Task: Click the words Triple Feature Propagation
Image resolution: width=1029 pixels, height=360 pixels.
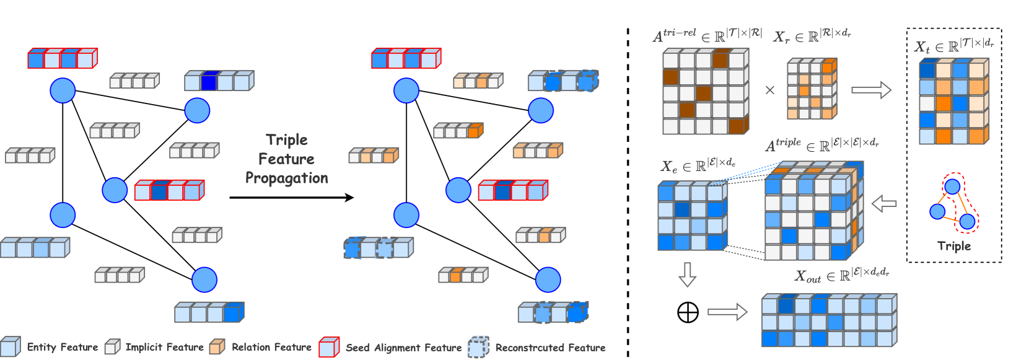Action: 287,159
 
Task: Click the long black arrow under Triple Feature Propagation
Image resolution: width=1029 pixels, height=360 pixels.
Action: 292,198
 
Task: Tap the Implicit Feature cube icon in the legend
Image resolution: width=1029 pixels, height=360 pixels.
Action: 112,347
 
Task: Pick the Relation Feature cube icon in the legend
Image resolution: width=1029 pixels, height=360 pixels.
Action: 217,347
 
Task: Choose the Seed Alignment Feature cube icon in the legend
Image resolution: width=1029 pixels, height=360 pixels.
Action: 330,347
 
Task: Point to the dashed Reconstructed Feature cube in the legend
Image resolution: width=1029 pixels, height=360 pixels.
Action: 478,347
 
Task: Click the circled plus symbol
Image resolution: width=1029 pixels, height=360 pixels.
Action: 688,312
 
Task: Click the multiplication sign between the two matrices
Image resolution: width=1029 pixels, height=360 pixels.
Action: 770,90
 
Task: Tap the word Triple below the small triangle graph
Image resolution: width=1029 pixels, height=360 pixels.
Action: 954,246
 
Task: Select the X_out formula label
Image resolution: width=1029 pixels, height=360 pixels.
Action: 841,274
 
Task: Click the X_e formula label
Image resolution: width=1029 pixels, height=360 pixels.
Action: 698,165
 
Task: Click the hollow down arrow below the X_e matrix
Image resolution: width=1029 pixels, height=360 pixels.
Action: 687,274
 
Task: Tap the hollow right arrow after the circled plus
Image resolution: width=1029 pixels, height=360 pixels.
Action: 727,312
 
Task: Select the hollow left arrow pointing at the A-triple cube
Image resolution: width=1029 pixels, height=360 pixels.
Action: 884,203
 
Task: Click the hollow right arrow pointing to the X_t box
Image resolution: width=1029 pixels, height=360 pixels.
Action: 872,90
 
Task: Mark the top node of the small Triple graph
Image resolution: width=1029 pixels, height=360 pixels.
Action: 952,187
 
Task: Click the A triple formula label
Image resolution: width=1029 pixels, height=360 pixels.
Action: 822,145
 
